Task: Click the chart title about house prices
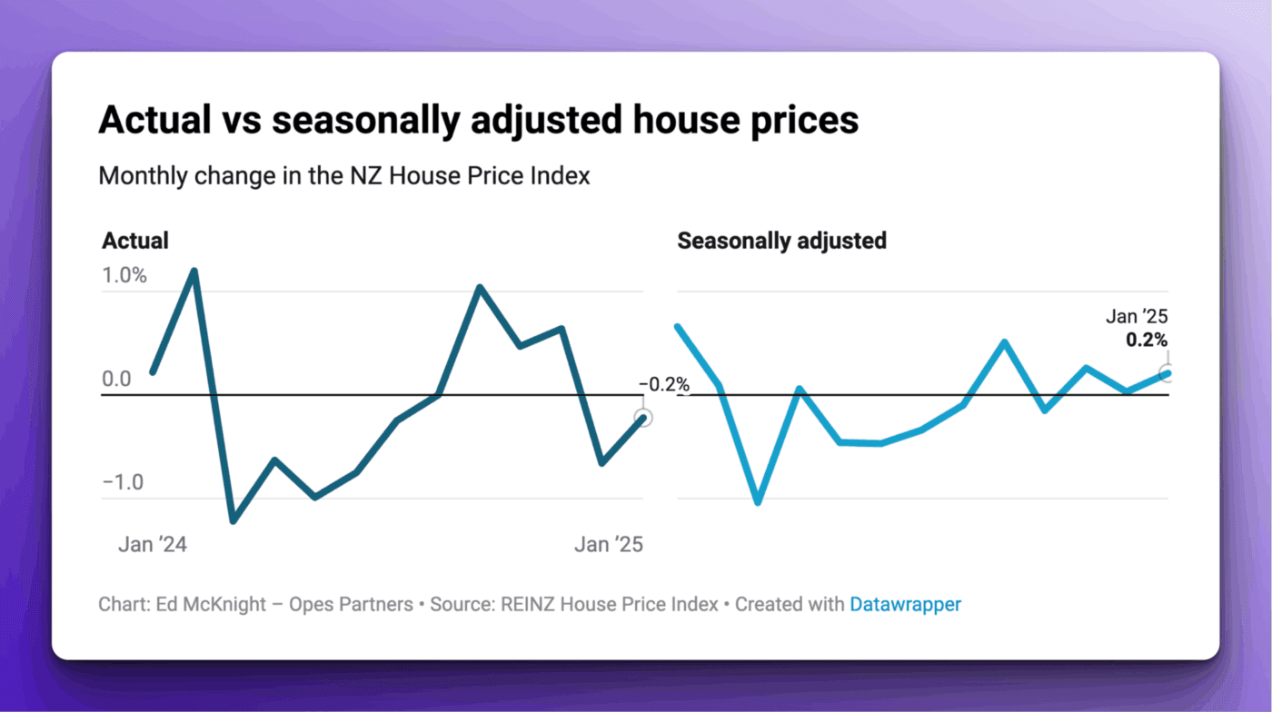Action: coord(478,121)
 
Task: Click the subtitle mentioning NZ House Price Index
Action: coord(344,175)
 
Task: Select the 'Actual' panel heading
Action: coord(135,241)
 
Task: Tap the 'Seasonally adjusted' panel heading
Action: coord(781,241)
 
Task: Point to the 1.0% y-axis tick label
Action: coord(124,275)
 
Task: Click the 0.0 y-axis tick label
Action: coord(116,379)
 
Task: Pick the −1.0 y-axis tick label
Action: coord(124,482)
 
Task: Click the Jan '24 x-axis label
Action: coord(153,545)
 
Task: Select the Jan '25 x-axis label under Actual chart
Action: coord(608,545)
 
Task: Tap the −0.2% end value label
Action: coord(664,385)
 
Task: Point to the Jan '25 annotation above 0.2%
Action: coord(1136,317)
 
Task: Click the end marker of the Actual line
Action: coord(643,418)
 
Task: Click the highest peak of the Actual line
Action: coord(194,271)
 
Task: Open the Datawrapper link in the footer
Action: coord(905,604)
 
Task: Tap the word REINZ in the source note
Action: coord(529,604)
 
